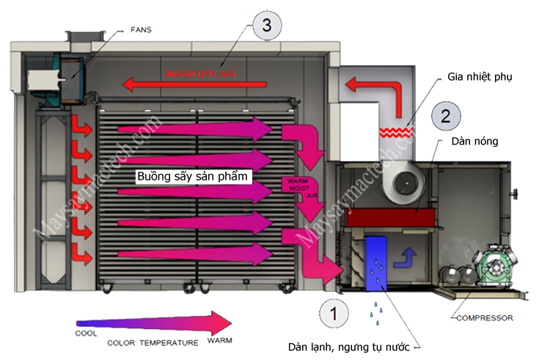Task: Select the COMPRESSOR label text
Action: click(485, 318)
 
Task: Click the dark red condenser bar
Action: click(388, 216)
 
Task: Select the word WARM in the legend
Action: click(221, 342)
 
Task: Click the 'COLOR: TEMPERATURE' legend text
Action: click(153, 342)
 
